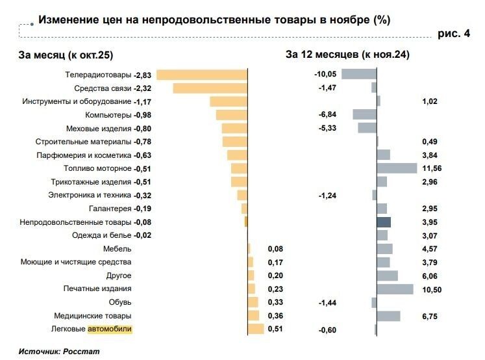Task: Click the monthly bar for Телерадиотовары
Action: pos(203,75)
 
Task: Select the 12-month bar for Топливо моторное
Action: pos(397,168)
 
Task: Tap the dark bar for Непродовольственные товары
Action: pos(383,222)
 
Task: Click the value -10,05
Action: pos(325,75)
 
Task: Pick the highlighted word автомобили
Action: pos(110,329)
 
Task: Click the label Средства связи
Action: pos(103,88)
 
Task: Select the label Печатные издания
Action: pos(97,289)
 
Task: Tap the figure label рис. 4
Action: pos(454,34)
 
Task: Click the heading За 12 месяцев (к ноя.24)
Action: pos(347,56)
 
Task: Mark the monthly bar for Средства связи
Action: pos(210,88)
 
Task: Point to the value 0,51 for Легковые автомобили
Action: pos(275,329)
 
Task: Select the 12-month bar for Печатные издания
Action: pos(395,289)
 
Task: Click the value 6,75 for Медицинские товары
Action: pos(430,316)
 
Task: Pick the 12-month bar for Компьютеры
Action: pos(364,114)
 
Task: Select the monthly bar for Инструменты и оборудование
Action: pos(229,101)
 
